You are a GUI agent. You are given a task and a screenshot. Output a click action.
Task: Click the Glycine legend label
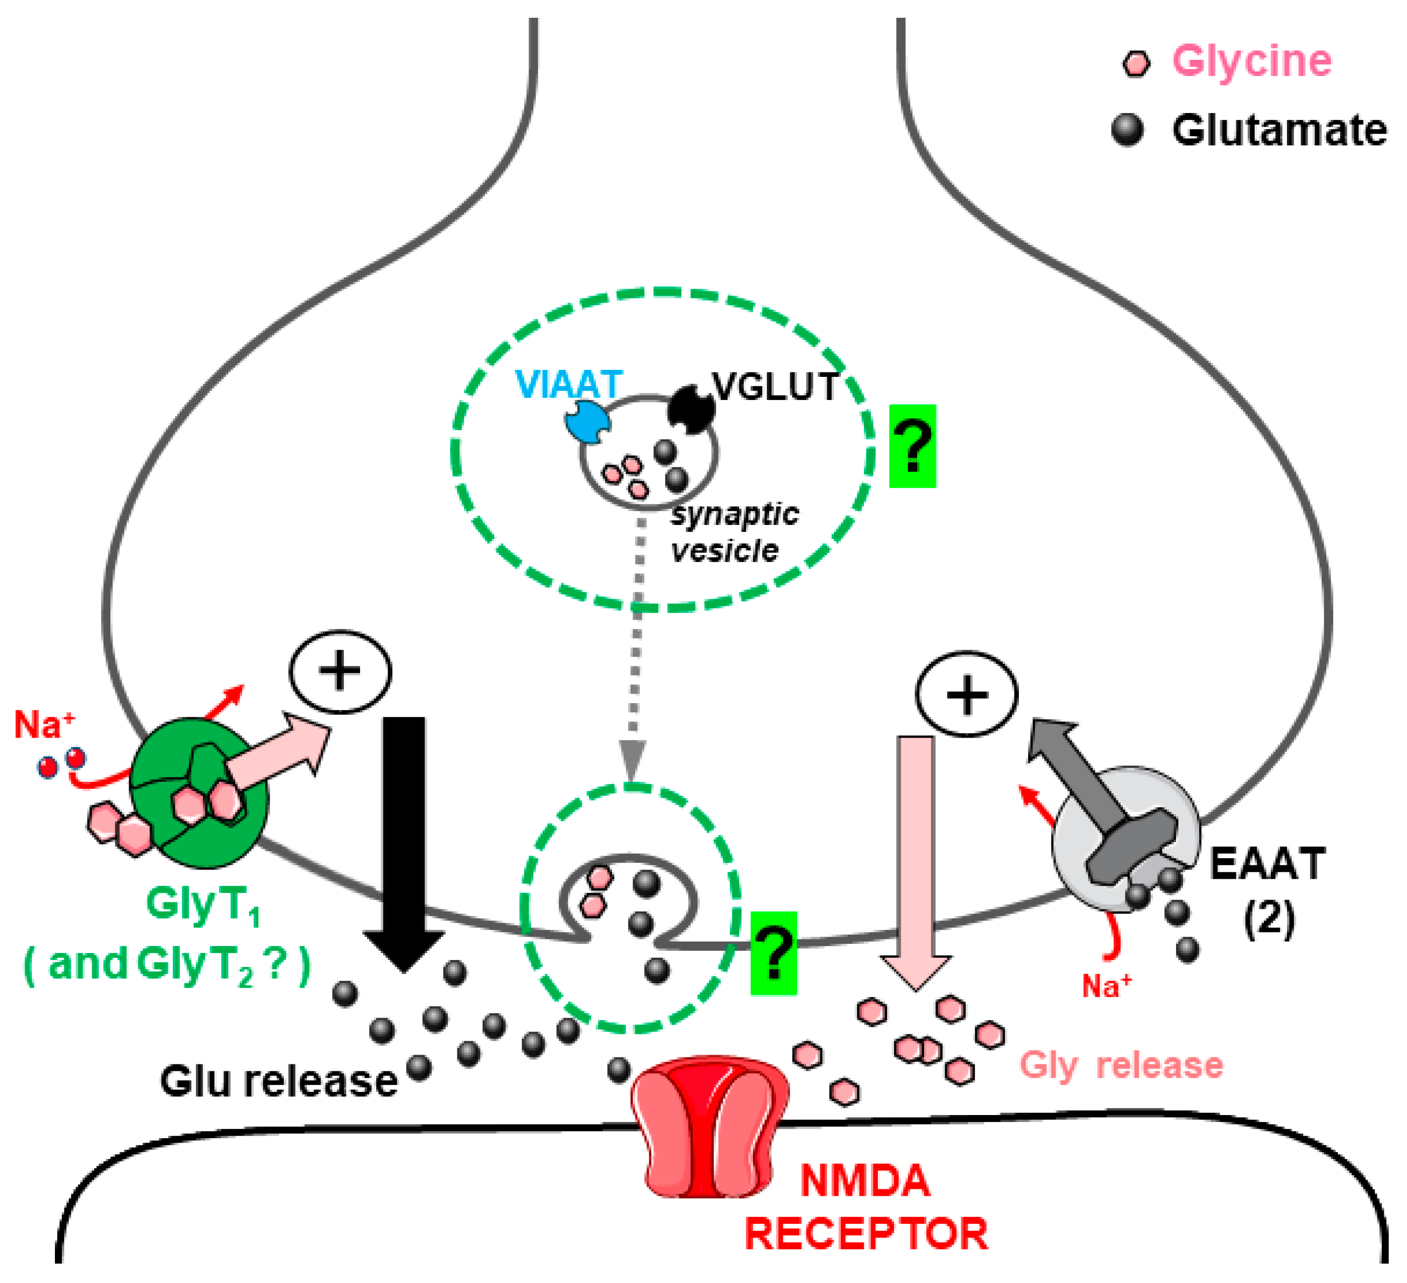pos(1251,61)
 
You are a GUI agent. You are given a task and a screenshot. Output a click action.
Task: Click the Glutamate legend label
pos(1278,130)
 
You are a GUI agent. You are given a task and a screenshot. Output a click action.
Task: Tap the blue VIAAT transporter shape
pos(587,422)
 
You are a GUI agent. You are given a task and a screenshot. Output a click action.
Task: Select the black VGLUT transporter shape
pos(690,408)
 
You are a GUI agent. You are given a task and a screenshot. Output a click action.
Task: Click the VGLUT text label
pos(775,386)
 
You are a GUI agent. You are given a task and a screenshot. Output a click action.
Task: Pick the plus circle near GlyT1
pos(340,671)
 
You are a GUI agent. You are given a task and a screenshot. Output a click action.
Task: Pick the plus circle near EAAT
pos(966,695)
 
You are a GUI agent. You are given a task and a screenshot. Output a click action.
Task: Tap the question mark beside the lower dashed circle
pos(773,953)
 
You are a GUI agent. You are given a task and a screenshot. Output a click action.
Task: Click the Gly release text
pos(1121,1065)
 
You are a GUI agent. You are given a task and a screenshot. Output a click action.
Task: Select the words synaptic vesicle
pos(733,532)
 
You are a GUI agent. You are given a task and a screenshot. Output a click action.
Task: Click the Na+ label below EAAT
pos(1106,986)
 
